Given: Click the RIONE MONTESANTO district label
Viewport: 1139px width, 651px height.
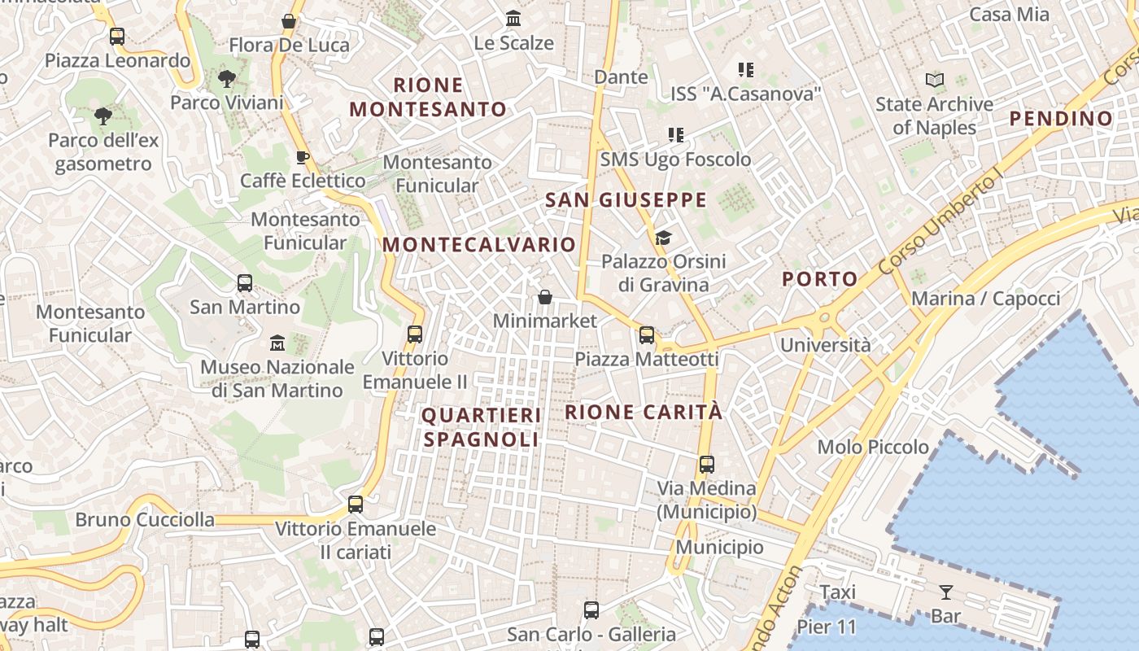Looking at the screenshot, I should [x=428, y=97].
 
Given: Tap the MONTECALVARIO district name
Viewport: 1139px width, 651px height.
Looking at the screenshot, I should [x=479, y=244].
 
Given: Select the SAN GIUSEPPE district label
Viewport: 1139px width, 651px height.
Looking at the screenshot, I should [x=626, y=199].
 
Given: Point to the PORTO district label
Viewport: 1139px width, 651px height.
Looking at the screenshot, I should [x=820, y=279].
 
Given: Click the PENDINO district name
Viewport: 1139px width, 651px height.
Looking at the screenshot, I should [x=1061, y=119].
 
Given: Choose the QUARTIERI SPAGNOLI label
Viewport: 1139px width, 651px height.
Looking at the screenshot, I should [x=481, y=427].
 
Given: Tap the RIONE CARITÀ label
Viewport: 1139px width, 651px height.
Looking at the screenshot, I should [x=644, y=412].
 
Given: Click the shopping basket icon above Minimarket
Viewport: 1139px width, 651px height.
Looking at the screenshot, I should [x=545, y=297].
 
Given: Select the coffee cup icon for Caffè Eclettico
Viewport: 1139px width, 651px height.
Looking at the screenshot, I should [x=302, y=157].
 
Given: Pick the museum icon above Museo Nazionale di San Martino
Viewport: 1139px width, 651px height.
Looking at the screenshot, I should [x=277, y=343].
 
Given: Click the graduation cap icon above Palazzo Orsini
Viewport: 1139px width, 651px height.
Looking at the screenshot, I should [x=663, y=238].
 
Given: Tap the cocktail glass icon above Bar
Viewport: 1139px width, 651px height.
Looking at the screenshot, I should [x=945, y=592].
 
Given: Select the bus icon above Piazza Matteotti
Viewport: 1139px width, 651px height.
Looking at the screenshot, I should [x=647, y=334].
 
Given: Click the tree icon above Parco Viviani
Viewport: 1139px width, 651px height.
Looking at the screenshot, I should [x=226, y=79].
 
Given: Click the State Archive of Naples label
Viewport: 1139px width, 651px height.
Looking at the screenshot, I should [x=934, y=116].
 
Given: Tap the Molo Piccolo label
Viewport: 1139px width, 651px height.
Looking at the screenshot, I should [x=873, y=447].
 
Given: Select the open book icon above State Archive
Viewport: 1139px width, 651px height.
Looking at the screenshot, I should [x=935, y=80].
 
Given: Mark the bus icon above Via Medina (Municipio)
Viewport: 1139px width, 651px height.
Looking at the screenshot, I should [x=707, y=465].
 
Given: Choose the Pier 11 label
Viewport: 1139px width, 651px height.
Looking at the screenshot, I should [x=827, y=627].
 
